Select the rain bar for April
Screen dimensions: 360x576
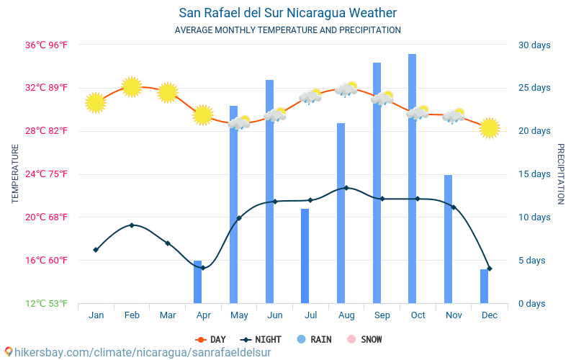pos(197,282)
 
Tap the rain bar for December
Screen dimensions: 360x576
pos(485,286)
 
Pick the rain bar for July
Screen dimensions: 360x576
pos(305,256)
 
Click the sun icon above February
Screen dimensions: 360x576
pos(132,87)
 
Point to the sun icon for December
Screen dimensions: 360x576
pos(490,127)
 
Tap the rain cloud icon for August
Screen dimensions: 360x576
pos(346,90)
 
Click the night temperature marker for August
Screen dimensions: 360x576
pos(346,188)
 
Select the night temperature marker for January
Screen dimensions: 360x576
pos(96,250)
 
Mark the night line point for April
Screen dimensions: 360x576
pos(203,268)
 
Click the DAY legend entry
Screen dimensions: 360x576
pos(211,339)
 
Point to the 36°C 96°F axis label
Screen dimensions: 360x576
pos(47,45)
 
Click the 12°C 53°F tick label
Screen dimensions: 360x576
pos(47,304)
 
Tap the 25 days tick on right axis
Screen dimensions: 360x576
pos(534,88)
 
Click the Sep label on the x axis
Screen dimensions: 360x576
pos(382,315)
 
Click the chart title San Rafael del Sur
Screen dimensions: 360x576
pos(287,13)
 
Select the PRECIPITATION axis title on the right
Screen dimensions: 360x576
pos(561,174)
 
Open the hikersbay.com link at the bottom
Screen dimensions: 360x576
pos(137,352)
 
